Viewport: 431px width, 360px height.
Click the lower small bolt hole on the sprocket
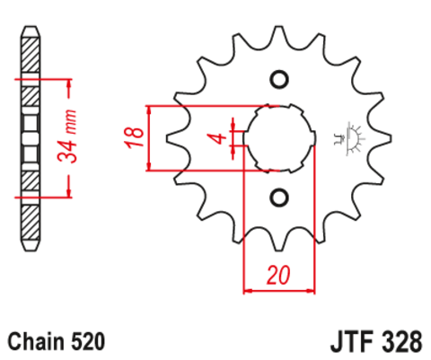pos(277,197)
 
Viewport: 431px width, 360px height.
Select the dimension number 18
pos(132,137)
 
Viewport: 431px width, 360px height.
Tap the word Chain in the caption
pos(33,342)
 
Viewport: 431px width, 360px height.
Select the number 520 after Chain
pos(89,342)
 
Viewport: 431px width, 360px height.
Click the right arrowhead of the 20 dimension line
pos(312,289)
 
